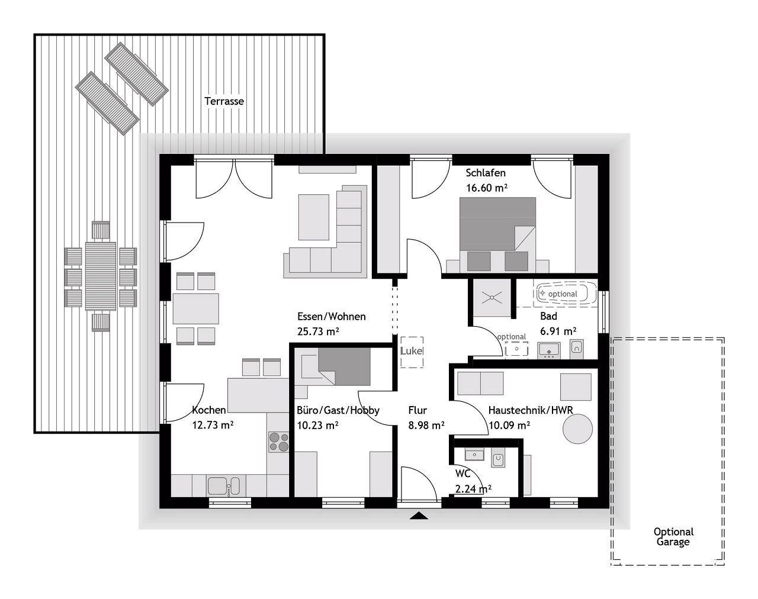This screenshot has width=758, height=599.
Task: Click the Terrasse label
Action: click(x=224, y=101)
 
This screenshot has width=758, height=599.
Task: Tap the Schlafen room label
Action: click(x=486, y=173)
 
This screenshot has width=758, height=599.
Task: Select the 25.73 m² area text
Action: click(x=318, y=331)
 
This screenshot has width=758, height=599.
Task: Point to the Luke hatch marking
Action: click(x=412, y=352)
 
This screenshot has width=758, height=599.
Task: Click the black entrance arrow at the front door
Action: click(x=419, y=516)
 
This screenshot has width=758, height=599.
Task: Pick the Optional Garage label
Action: click(x=673, y=537)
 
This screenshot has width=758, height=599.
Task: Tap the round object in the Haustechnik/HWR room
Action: click(x=577, y=429)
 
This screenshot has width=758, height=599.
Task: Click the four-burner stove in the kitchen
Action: click(x=278, y=442)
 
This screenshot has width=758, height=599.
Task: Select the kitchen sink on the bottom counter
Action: click(x=223, y=487)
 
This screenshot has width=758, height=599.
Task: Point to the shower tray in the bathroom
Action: click(x=492, y=298)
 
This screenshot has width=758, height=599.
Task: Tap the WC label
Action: click(x=462, y=474)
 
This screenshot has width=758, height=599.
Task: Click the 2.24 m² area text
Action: click(x=473, y=489)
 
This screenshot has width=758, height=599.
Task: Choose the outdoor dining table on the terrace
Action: click(x=101, y=276)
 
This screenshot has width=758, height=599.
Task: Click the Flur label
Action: click(x=417, y=410)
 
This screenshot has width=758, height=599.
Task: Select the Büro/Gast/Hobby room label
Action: click(x=338, y=411)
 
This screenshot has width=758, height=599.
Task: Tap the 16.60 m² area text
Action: click(x=486, y=188)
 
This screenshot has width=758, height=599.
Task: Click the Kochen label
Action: click(x=209, y=410)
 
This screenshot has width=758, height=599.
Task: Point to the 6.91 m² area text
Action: click(x=558, y=331)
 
